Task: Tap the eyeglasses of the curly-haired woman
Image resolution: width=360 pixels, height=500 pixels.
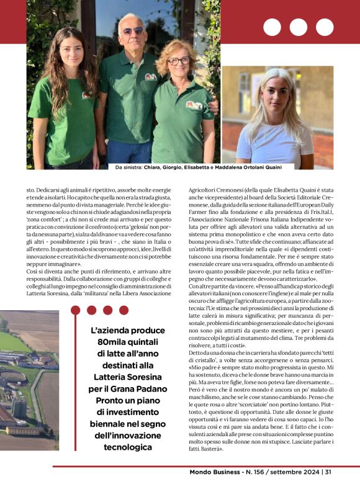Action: click(179, 60)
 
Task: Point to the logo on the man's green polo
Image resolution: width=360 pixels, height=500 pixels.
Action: click(150, 77)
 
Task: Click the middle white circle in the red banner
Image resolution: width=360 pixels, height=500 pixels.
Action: click(298, 27)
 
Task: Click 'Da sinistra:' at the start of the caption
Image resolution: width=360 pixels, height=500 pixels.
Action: click(129, 167)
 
